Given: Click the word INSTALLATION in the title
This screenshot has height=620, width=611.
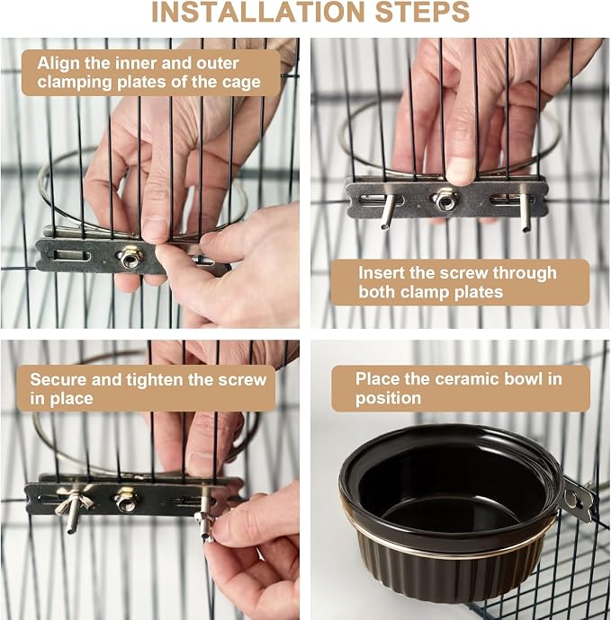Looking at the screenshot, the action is pos(257,12).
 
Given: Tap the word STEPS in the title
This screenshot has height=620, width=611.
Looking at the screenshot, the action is pos(422,12).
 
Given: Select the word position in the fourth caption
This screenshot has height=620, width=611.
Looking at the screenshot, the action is pos(388,398).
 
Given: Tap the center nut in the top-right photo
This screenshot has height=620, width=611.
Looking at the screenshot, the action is pos(445,199).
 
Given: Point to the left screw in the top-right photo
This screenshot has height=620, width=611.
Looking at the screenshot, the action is pos(388,211).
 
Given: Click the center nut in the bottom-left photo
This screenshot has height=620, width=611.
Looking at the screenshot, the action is pos(126,499).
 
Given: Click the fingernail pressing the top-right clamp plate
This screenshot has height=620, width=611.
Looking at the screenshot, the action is pos(461,173).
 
